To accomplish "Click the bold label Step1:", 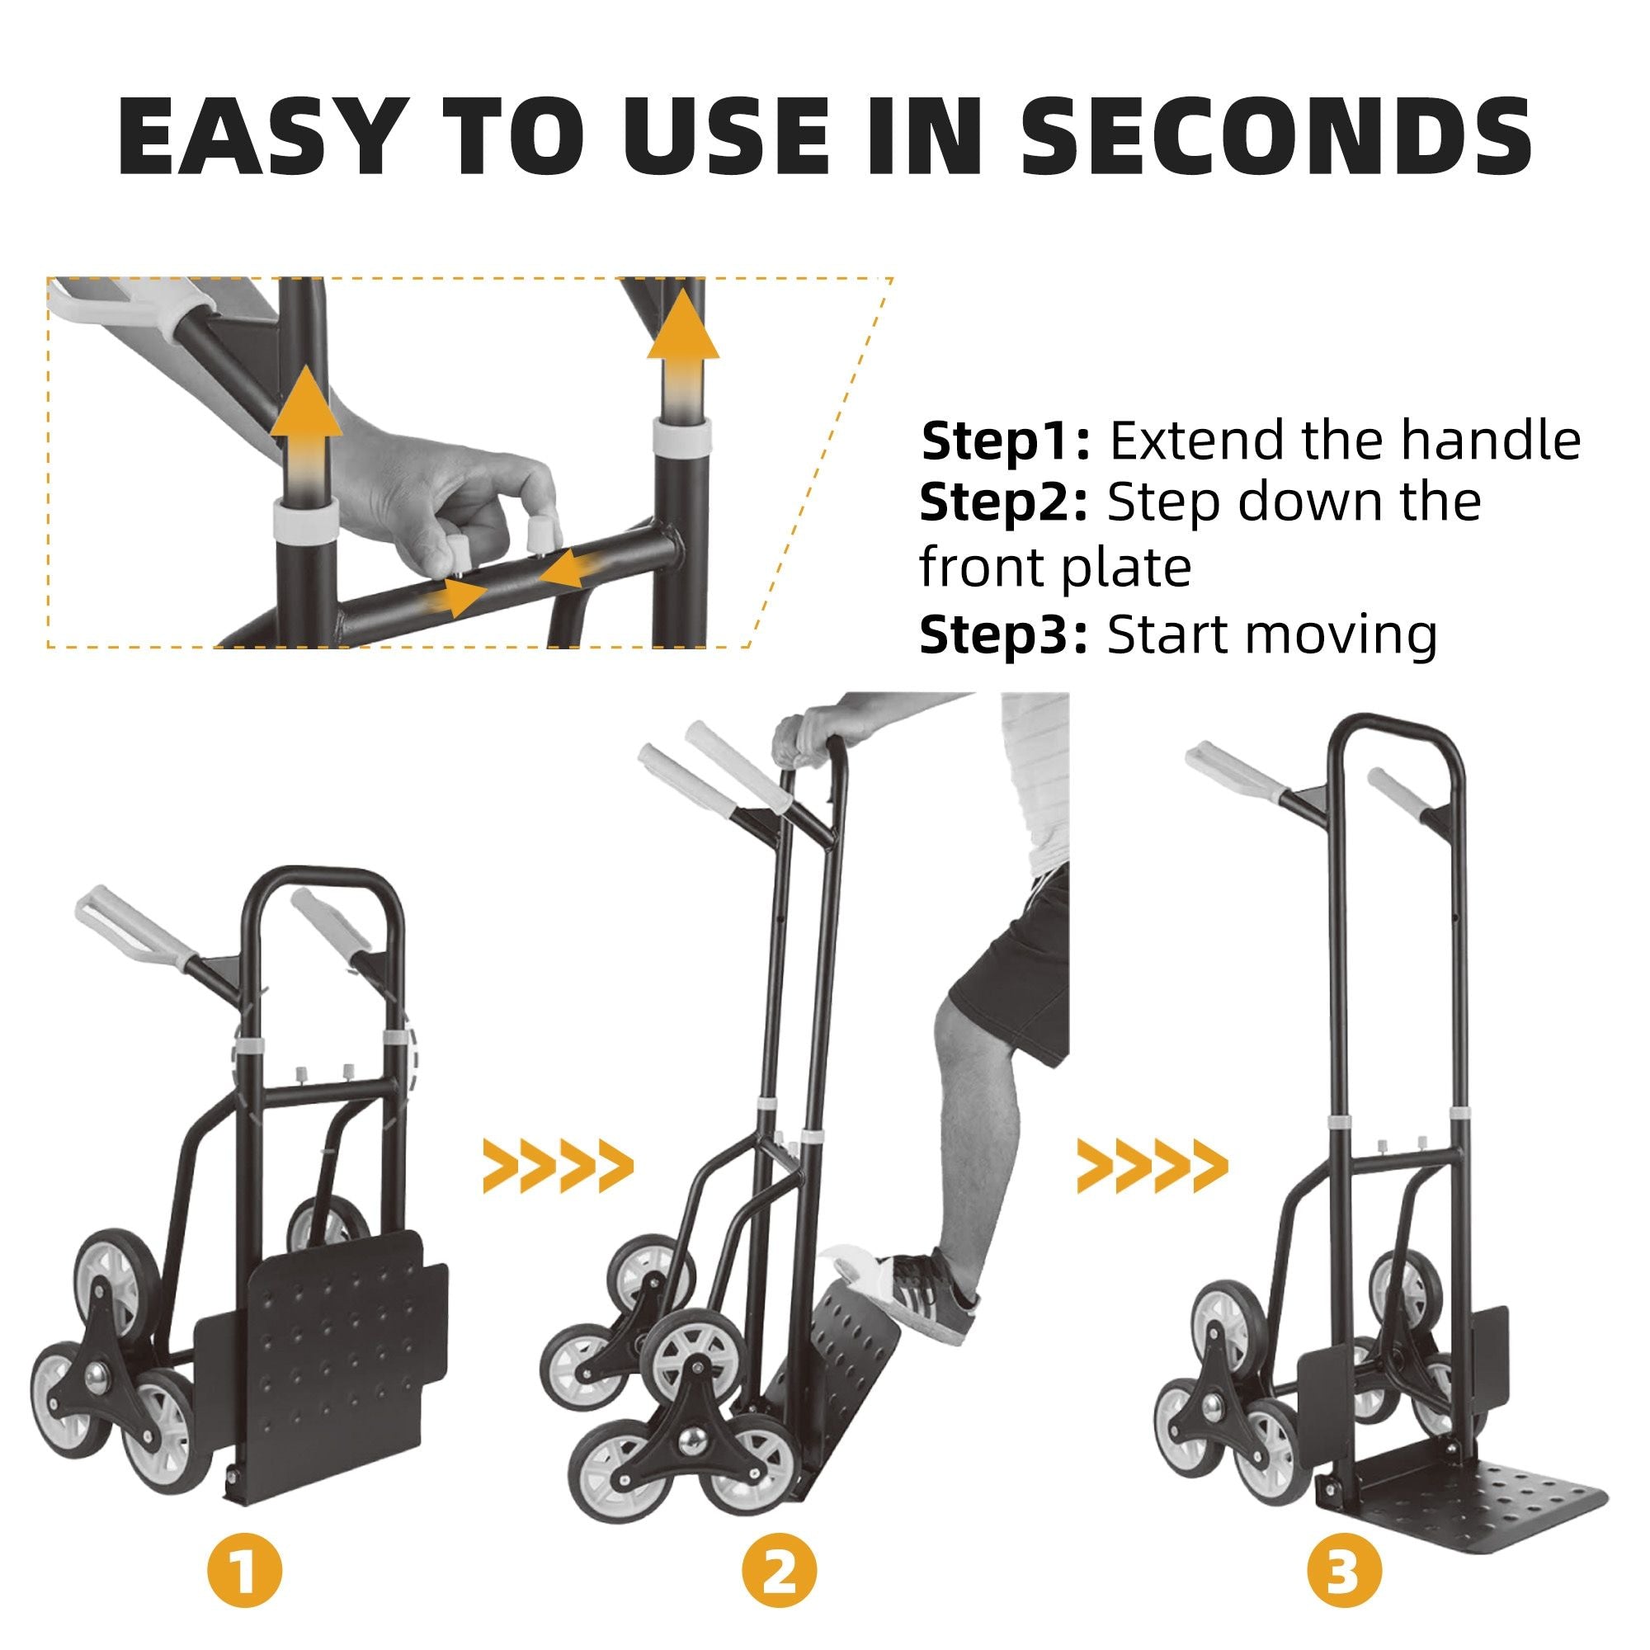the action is [x=1006, y=442].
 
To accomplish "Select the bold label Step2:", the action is [x=1004, y=504].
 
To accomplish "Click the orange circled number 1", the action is [x=244, y=1571].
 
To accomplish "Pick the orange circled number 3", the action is [x=1344, y=1571].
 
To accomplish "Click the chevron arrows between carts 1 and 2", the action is [x=559, y=1166].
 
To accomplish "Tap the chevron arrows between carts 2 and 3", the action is [x=1152, y=1166].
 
